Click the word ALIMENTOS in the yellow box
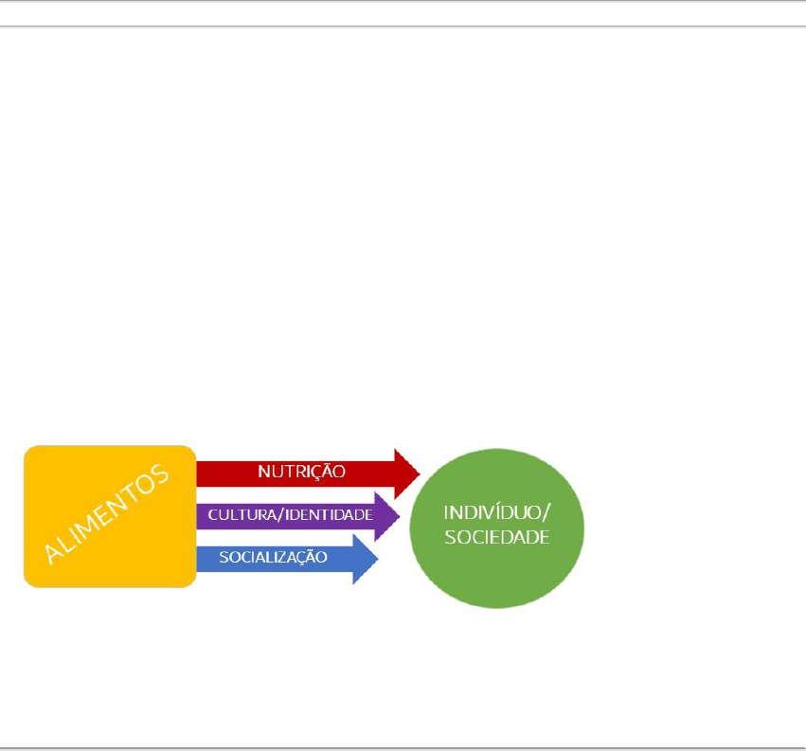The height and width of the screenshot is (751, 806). [x=107, y=513]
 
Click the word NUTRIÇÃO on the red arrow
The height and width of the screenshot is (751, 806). [x=301, y=471]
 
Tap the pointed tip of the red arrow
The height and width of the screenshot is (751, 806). [x=420, y=471]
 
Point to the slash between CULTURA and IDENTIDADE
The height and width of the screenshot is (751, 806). [x=280, y=516]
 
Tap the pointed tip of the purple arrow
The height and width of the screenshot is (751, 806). [x=400, y=516]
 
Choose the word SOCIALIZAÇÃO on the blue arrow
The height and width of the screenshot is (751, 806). [x=273, y=558]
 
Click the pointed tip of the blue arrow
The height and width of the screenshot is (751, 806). [x=379, y=558]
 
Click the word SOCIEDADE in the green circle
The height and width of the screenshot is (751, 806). [x=497, y=537]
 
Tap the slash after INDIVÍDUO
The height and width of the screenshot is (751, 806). [x=545, y=514]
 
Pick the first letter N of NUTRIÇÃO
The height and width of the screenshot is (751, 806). [x=263, y=471]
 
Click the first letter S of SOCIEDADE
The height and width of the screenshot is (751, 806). [x=450, y=537]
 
